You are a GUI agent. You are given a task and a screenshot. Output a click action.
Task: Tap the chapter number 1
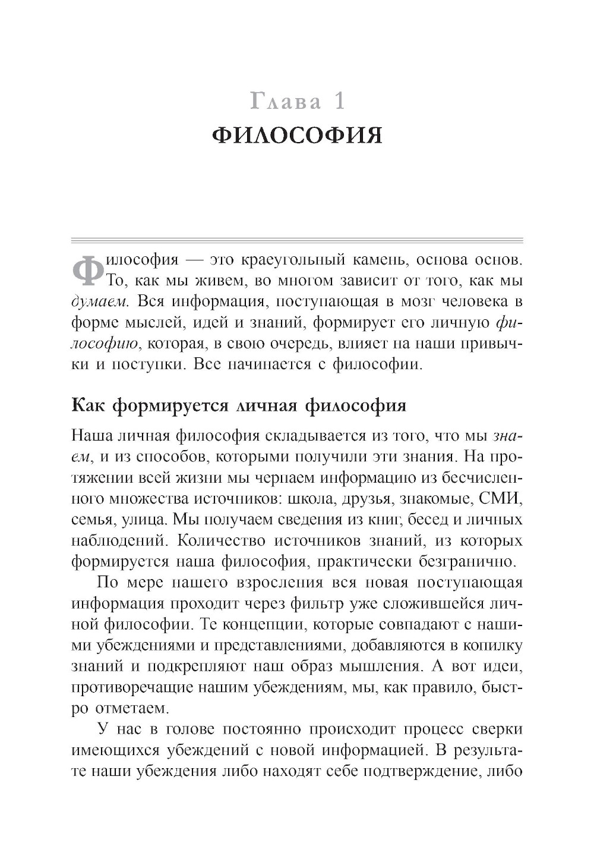pos(339,102)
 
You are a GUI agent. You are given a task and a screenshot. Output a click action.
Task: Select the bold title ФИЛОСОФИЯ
pos(296,136)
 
